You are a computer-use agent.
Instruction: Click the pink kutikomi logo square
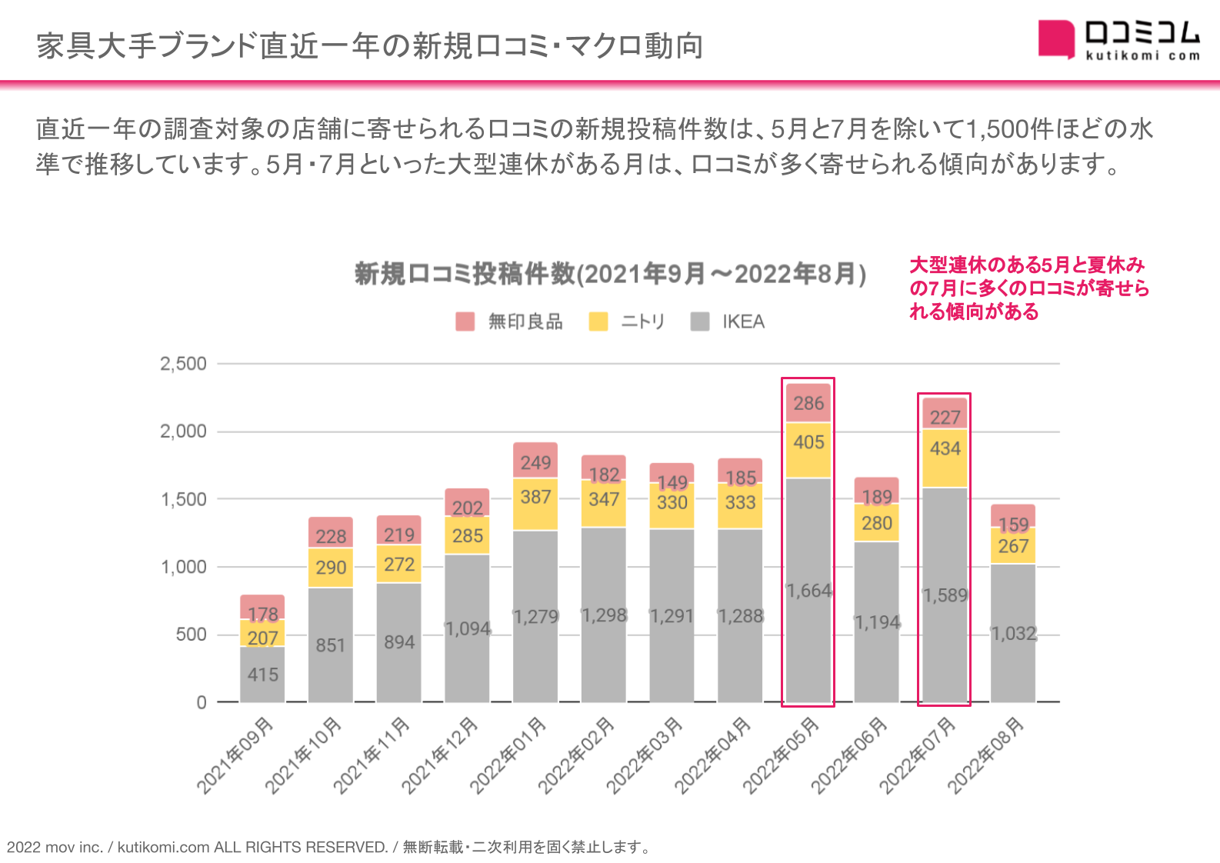[1055, 38]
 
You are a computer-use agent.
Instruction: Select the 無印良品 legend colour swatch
[465, 322]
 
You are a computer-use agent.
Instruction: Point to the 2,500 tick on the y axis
[183, 364]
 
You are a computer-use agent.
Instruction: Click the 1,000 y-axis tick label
[183, 567]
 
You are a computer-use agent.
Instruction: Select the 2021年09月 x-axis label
[235, 755]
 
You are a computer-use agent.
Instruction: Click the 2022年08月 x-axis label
[986, 755]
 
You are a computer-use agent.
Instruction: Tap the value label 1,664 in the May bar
[808, 591]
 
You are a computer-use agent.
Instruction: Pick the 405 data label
[808, 442]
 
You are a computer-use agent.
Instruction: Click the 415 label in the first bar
[262, 675]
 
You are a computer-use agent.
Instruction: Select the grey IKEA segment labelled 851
[331, 645]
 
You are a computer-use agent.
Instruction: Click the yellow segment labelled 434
[945, 458]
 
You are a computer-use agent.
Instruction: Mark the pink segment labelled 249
[535, 461]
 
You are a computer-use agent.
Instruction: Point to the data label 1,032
[1013, 634]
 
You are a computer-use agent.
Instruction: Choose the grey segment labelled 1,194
[877, 622]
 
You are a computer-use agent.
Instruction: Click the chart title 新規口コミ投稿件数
[610, 274]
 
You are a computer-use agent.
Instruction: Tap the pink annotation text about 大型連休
[1028, 288]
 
